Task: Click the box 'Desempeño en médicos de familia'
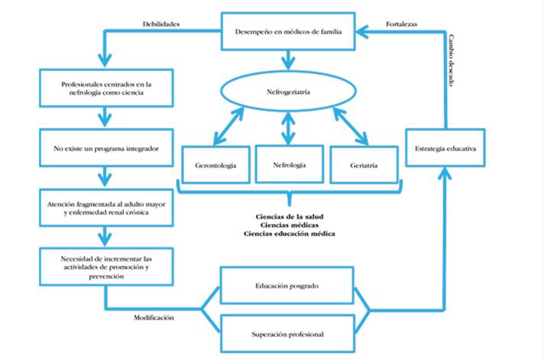click(x=287, y=32)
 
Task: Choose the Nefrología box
click(x=288, y=164)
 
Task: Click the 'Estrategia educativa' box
click(x=445, y=148)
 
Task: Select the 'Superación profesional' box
click(x=287, y=333)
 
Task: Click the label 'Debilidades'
click(x=161, y=24)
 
